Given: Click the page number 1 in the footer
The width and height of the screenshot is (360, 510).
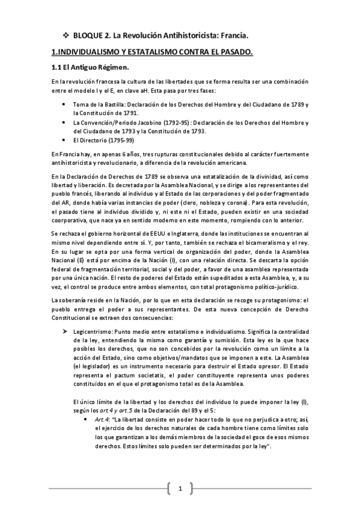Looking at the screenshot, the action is tap(180, 488).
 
